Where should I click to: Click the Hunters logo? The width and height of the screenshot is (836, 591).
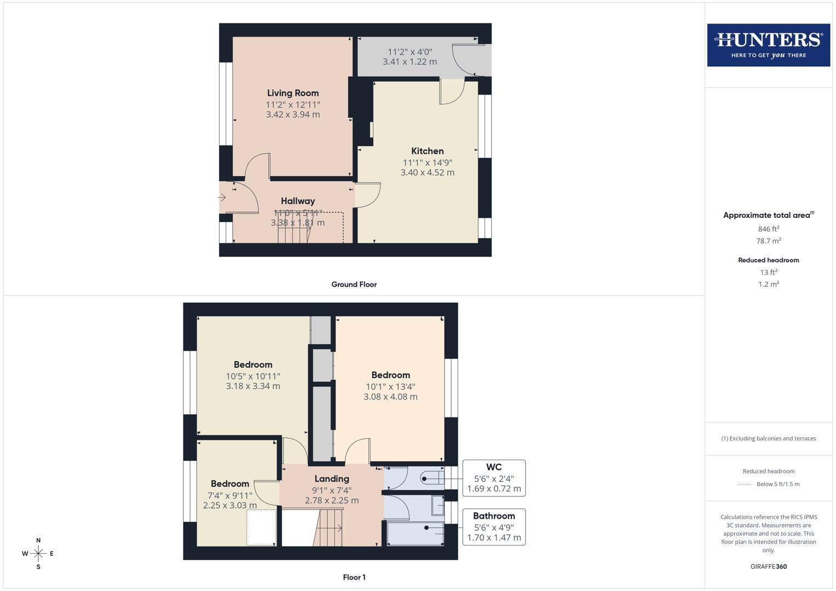[x=768, y=45]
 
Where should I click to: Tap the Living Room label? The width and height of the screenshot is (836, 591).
[x=293, y=93]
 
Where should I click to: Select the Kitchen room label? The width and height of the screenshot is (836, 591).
[x=427, y=151]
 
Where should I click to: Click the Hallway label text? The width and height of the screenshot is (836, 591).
[x=298, y=201]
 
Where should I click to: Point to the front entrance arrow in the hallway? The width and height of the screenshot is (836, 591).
[x=222, y=197]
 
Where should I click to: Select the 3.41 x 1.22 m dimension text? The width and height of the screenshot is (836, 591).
[x=410, y=62]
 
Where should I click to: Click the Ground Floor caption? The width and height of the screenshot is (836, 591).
[x=354, y=285]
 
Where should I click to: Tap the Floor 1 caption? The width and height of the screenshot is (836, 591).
[x=354, y=577]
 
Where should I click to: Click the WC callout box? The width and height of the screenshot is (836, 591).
[x=494, y=478]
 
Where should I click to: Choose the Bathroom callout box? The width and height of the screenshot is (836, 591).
[x=494, y=526]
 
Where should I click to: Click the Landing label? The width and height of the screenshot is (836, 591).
[x=332, y=479]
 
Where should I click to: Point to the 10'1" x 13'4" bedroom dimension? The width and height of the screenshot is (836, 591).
[x=390, y=386]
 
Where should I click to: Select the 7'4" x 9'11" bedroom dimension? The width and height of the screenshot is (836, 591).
[x=230, y=495]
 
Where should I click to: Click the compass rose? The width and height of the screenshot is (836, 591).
[x=38, y=554]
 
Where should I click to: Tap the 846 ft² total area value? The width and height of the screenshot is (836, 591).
[x=768, y=229]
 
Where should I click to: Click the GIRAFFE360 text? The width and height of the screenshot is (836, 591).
[x=768, y=566]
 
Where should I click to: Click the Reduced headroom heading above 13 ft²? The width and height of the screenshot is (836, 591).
[x=768, y=260]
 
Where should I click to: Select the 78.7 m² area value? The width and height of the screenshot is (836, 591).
[x=768, y=241]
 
